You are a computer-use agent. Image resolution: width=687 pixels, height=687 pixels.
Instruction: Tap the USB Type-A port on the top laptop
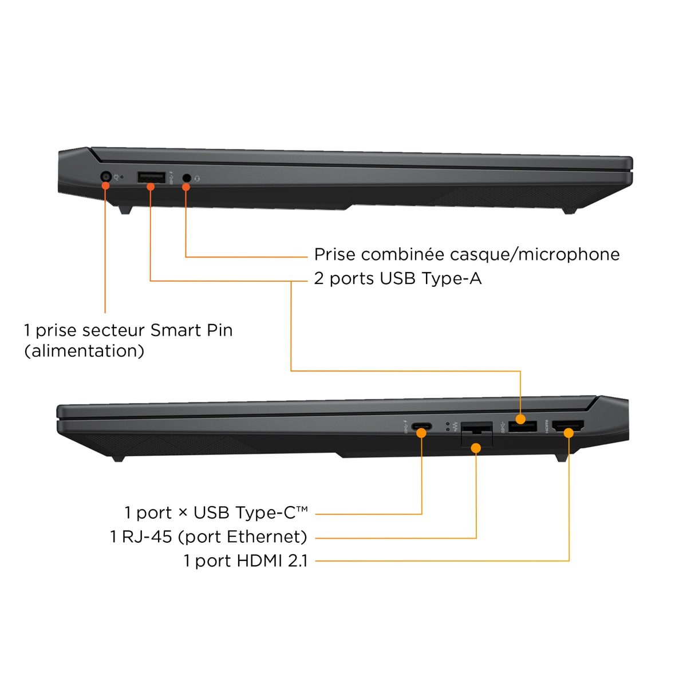[x=151, y=177]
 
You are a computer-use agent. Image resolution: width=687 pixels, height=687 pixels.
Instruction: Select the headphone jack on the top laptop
[x=186, y=177]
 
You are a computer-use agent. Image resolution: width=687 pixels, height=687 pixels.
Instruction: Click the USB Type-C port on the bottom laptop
[x=421, y=427]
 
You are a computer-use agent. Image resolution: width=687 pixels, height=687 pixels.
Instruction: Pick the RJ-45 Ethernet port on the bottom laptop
[x=477, y=434]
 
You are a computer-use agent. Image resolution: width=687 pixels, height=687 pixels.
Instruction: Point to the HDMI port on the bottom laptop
[x=568, y=426]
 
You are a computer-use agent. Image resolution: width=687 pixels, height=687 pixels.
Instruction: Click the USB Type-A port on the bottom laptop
[x=522, y=427]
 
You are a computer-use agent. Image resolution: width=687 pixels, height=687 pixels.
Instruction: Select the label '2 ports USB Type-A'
[x=397, y=278]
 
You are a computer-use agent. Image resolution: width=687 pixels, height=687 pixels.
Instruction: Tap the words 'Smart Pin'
[x=191, y=330]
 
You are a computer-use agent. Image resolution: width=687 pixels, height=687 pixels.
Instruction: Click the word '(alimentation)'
[x=84, y=351]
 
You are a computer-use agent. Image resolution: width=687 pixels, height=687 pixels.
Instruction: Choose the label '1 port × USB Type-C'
[x=216, y=512]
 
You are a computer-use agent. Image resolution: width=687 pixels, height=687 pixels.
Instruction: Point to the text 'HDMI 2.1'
[x=271, y=561]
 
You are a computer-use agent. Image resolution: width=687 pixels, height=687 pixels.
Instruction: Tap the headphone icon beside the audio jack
[x=197, y=178]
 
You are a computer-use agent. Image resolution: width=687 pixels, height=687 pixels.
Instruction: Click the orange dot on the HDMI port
[x=568, y=433]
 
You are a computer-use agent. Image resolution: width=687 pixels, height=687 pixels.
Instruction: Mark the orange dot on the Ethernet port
[x=476, y=448]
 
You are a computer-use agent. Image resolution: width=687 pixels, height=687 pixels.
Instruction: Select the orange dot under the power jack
[x=105, y=185]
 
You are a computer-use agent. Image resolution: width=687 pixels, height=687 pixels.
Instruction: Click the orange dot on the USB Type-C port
[x=421, y=433]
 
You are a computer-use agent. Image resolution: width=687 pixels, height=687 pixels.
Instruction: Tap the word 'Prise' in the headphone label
[x=334, y=255]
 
